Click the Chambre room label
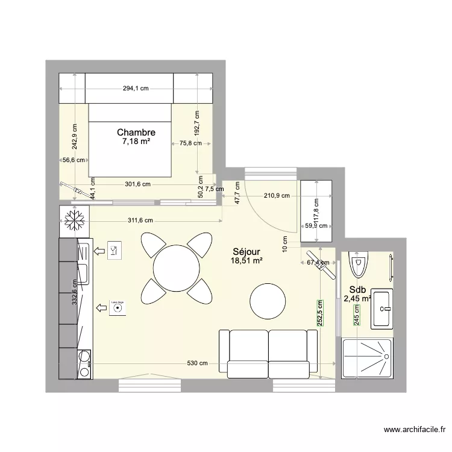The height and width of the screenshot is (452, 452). click(x=136, y=133)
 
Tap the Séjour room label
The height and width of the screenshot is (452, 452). click(x=246, y=252)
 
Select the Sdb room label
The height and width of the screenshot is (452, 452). click(x=357, y=289)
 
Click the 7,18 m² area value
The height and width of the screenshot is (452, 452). click(x=136, y=142)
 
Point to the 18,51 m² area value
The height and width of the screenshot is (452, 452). click(x=246, y=261)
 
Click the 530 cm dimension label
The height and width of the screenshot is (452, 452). click(x=196, y=363)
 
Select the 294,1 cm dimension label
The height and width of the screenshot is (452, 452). click(x=136, y=89)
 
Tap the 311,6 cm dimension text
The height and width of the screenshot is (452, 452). click(x=140, y=221)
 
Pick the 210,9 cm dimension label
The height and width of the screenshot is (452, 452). click(x=277, y=196)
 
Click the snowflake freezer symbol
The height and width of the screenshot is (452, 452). click(x=74, y=221)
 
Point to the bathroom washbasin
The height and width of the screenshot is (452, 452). click(x=383, y=309)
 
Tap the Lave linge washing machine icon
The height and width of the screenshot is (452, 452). click(x=117, y=308)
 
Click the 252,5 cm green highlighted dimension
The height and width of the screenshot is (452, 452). click(x=320, y=314)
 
